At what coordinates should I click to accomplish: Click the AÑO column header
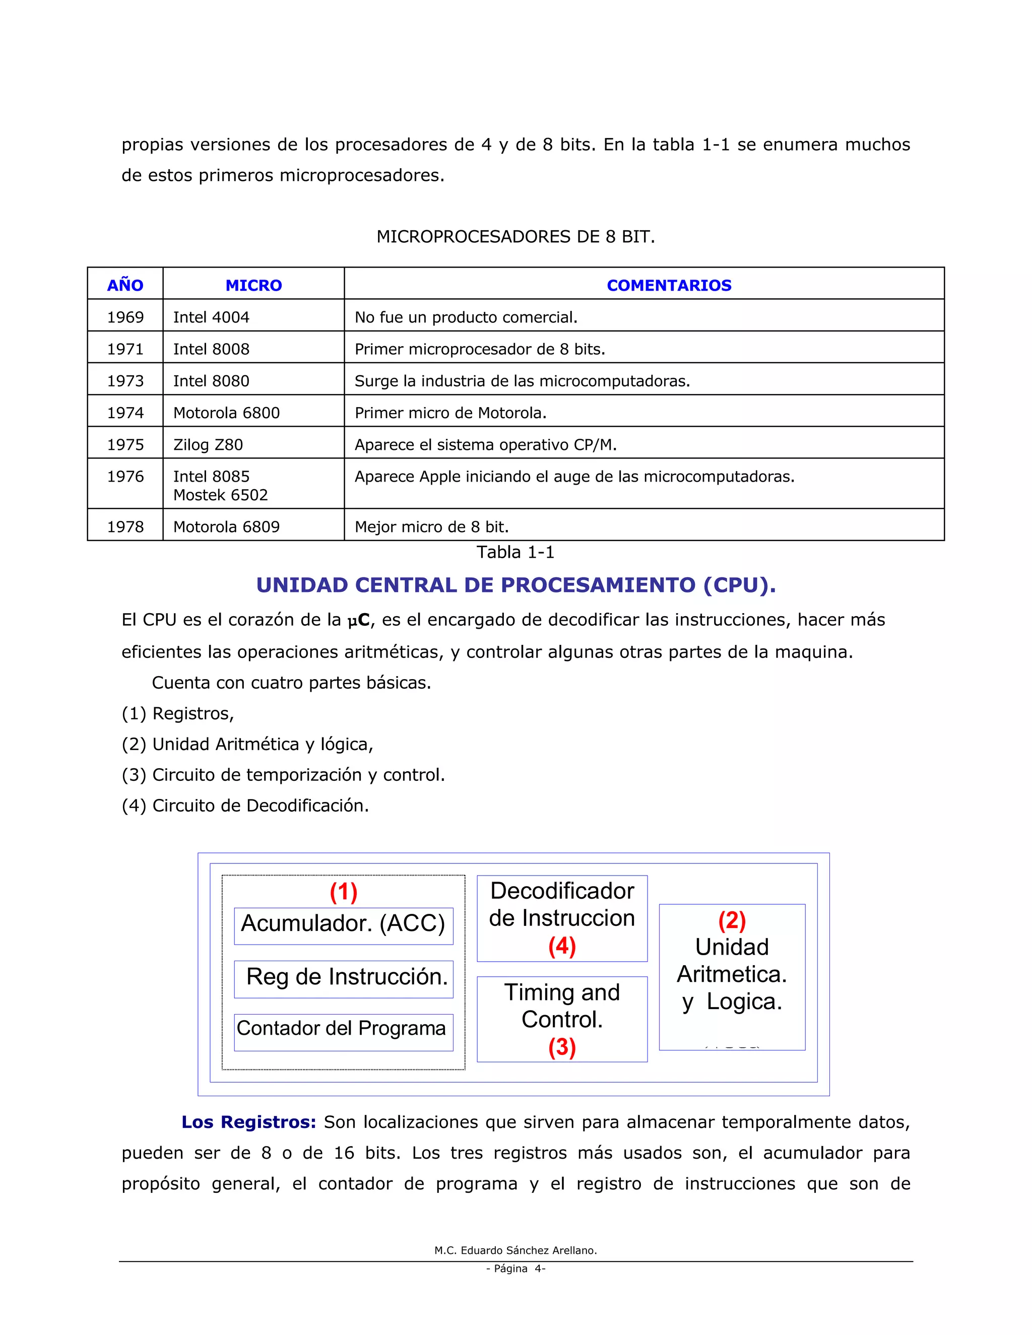click(x=125, y=286)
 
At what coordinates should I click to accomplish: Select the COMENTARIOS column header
click(x=668, y=286)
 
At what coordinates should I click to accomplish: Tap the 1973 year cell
click(x=125, y=381)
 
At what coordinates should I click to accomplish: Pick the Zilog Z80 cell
click(x=208, y=444)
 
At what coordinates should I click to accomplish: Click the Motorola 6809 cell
click(x=226, y=526)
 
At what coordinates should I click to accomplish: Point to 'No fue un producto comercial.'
click(x=466, y=317)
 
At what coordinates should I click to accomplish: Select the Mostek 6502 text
click(x=220, y=495)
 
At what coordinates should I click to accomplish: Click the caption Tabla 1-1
click(x=515, y=552)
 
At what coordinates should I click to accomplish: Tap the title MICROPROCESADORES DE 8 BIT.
click(x=515, y=237)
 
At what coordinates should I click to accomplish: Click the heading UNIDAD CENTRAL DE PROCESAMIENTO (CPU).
click(x=515, y=585)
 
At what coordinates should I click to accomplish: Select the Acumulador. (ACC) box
click(x=343, y=923)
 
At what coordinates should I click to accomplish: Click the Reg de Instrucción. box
click(x=346, y=976)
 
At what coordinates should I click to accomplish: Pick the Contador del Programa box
click(x=341, y=1028)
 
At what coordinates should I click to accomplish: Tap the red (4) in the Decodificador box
click(x=562, y=946)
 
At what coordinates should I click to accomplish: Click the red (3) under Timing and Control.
click(x=562, y=1047)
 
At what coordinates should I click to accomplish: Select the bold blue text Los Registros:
click(x=248, y=1122)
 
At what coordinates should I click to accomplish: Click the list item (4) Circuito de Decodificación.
click(x=245, y=806)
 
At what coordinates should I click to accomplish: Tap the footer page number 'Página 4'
click(x=515, y=1269)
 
